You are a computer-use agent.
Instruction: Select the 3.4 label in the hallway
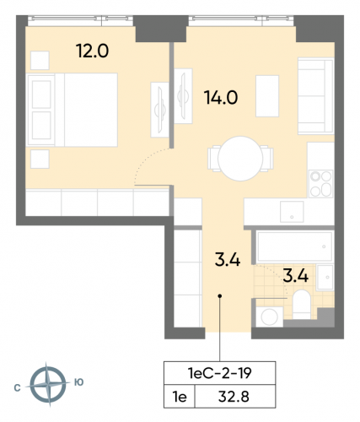pos(228,259)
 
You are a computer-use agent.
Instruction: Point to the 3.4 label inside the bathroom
pos(293,274)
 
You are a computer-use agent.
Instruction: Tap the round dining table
pos(240,157)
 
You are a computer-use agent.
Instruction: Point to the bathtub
pos(293,247)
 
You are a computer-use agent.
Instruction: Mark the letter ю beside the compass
pos(79,382)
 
